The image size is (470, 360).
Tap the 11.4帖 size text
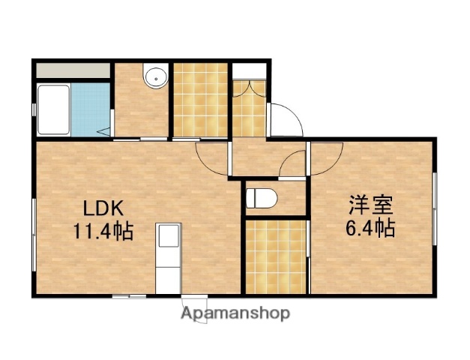pyautogui.click(x=103, y=231)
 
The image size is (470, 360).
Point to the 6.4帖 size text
pyautogui.click(x=370, y=227)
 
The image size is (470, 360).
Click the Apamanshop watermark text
pyautogui.click(x=235, y=313)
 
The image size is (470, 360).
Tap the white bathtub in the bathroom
pyautogui.click(x=53, y=109)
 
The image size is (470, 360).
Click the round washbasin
pyautogui.click(x=156, y=76)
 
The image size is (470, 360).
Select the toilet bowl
pyautogui.click(x=262, y=199)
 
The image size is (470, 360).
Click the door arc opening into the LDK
pyautogui.click(x=209, y=158)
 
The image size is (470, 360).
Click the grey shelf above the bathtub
pyautogui.click(x=71, y=71)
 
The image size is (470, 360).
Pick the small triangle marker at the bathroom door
pyautogui.click(x=103, y=133)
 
